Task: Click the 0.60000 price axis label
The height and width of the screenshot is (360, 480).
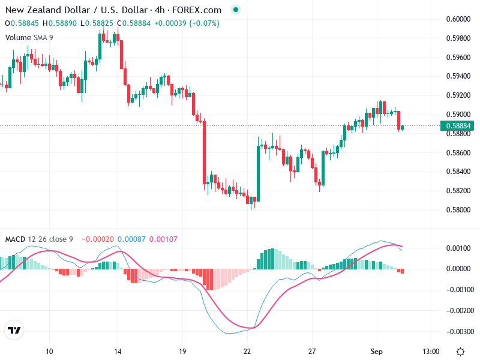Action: click(x=458, y=19)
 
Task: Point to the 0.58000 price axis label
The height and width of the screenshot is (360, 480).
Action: click(x=458, y=210)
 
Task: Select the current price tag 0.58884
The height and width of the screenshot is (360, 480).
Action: click(x=458, y=126)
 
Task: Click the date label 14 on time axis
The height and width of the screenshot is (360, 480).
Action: click(x=118, y=351)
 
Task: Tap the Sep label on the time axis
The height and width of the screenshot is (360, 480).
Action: click(x=377, y=351)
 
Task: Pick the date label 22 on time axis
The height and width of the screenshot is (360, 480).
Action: click(x=247, y=351)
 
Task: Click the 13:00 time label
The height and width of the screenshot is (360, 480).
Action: click(x=431, y=351)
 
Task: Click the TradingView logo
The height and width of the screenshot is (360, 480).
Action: click(x=14, y=330)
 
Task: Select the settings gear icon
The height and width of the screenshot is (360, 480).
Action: click(x=460, y=351)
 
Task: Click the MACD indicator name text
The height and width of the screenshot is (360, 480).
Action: click(x=15, y=239)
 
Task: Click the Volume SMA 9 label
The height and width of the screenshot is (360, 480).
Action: click(x=29, y=37)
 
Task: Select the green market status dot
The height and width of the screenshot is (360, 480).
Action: click(x=236, y=10)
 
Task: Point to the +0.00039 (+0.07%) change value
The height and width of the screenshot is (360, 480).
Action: click(x=187, y=23)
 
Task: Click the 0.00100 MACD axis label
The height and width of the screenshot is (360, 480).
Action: click(x=458, y=248)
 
